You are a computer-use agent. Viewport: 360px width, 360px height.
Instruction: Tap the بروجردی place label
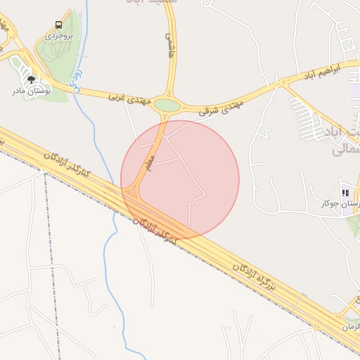58,34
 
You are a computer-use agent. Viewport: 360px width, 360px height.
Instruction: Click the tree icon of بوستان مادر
31,79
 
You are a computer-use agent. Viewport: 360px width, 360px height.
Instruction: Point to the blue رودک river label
78,79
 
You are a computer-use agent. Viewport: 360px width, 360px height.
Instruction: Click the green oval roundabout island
167,105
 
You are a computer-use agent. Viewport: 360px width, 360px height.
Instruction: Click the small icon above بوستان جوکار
345,192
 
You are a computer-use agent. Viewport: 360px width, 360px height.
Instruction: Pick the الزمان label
350,328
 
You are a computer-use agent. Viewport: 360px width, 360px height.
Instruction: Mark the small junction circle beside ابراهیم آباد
284,82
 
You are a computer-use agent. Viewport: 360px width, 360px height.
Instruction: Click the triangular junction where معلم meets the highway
131,191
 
